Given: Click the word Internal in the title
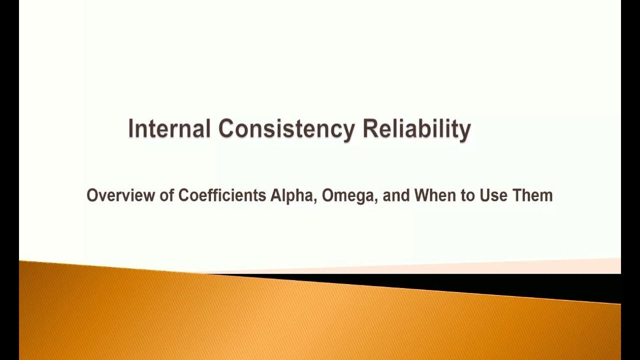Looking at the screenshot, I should tap(169, 128).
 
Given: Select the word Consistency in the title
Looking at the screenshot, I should tap(286, 129).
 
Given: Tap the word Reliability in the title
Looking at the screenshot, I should tap(416, 129).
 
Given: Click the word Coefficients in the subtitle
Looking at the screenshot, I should tap(222, 195).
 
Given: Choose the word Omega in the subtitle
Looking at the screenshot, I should tap(347, 195).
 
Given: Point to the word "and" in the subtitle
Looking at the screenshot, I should tap(396, 195).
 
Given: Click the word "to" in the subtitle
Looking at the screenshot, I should tap(468, 195).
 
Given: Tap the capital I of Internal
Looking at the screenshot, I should tap(131, 128).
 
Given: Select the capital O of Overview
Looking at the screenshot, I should tap(92, 195).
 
